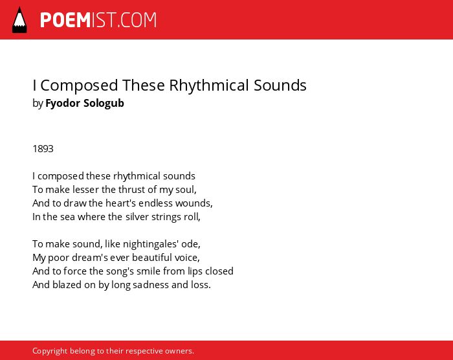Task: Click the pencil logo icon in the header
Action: point(19,20)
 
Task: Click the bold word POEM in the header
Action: point(65,20)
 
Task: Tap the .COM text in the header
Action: point(137,20)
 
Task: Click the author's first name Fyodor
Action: point(63,103)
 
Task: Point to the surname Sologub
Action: point(104,103)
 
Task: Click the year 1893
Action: point(43,149)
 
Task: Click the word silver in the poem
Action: point(137,216)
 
